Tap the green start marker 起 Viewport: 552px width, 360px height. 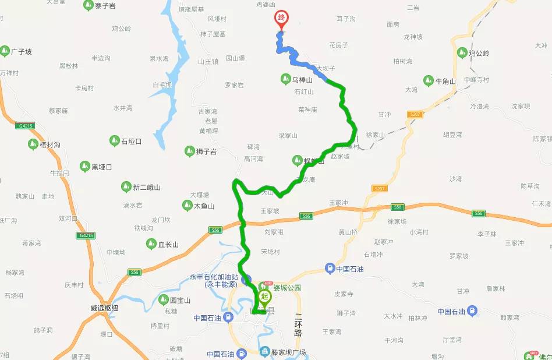[x=265, y=297]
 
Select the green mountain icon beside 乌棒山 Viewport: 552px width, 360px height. [x=285, y=79]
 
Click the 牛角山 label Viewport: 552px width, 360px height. [x=445, y=81]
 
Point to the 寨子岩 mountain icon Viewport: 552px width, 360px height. [x=88, y=5]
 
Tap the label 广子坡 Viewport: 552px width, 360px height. [x=21, y=52]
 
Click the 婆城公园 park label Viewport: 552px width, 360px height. [x=288, y=287]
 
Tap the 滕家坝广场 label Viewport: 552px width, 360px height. [x=289, y=352]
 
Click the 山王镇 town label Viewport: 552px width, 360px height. [x=208, y=61]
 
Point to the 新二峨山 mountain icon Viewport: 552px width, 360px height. [x=126, y=187]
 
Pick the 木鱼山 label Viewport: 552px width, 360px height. [x=204, y=206]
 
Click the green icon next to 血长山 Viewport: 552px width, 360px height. [x=151, y=244]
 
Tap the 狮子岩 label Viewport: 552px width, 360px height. [x=206, y=151]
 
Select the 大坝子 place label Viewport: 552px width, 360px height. [x=325, y=68]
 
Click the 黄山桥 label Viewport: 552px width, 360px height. [x=348, y=232]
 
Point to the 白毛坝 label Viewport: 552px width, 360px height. [x=162, y=85]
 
